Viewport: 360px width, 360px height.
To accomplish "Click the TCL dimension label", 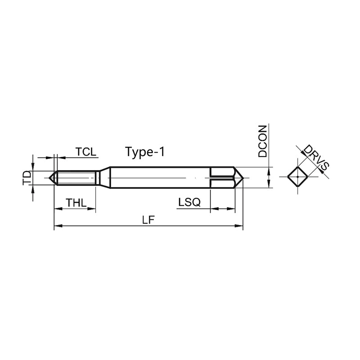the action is [x=86, y=152].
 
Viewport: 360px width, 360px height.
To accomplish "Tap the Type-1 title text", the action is [x=145, y=152].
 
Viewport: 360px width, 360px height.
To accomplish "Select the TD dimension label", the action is [x=27, y=178].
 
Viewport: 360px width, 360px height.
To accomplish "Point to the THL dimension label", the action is [x=76, y=203].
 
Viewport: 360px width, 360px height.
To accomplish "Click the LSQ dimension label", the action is [x=189, y=202].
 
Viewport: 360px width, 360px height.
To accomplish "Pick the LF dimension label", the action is [x=148, y=220].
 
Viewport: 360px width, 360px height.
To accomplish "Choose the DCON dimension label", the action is [x=263, y=141].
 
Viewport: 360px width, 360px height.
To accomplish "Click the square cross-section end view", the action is [x=297, y=177].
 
